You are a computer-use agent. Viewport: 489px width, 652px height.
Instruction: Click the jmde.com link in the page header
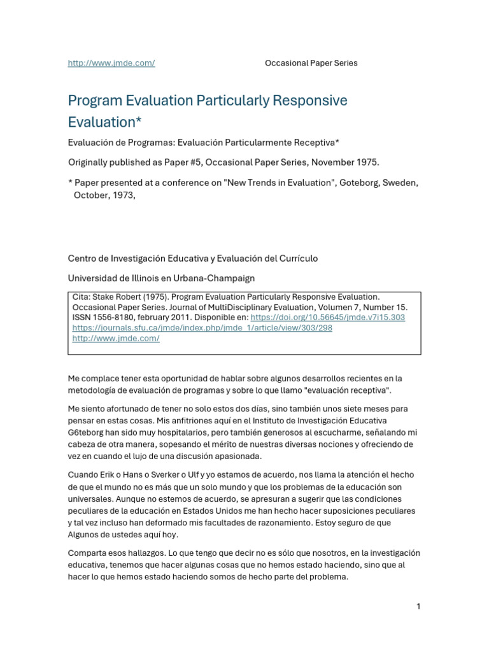point(111,63)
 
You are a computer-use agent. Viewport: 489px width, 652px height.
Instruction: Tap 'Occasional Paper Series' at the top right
point(311,63)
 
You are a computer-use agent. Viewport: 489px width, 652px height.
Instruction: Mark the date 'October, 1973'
point(104,195)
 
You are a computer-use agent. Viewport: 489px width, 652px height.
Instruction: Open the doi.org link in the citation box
point(327,317)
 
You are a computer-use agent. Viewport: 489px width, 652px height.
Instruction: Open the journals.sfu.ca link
point(202,328)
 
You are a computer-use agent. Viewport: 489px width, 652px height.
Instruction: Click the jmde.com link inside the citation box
point(116,338)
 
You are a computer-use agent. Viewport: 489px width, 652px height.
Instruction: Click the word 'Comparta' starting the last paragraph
point(88,553)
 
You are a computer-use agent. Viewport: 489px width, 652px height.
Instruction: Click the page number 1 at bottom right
point(418,606)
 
